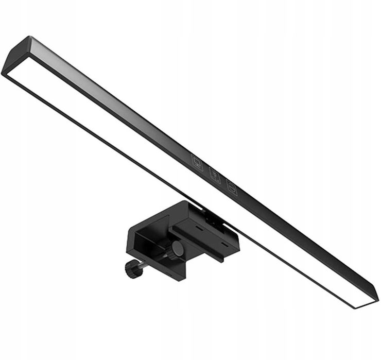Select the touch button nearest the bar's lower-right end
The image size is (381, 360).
[232, 188]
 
